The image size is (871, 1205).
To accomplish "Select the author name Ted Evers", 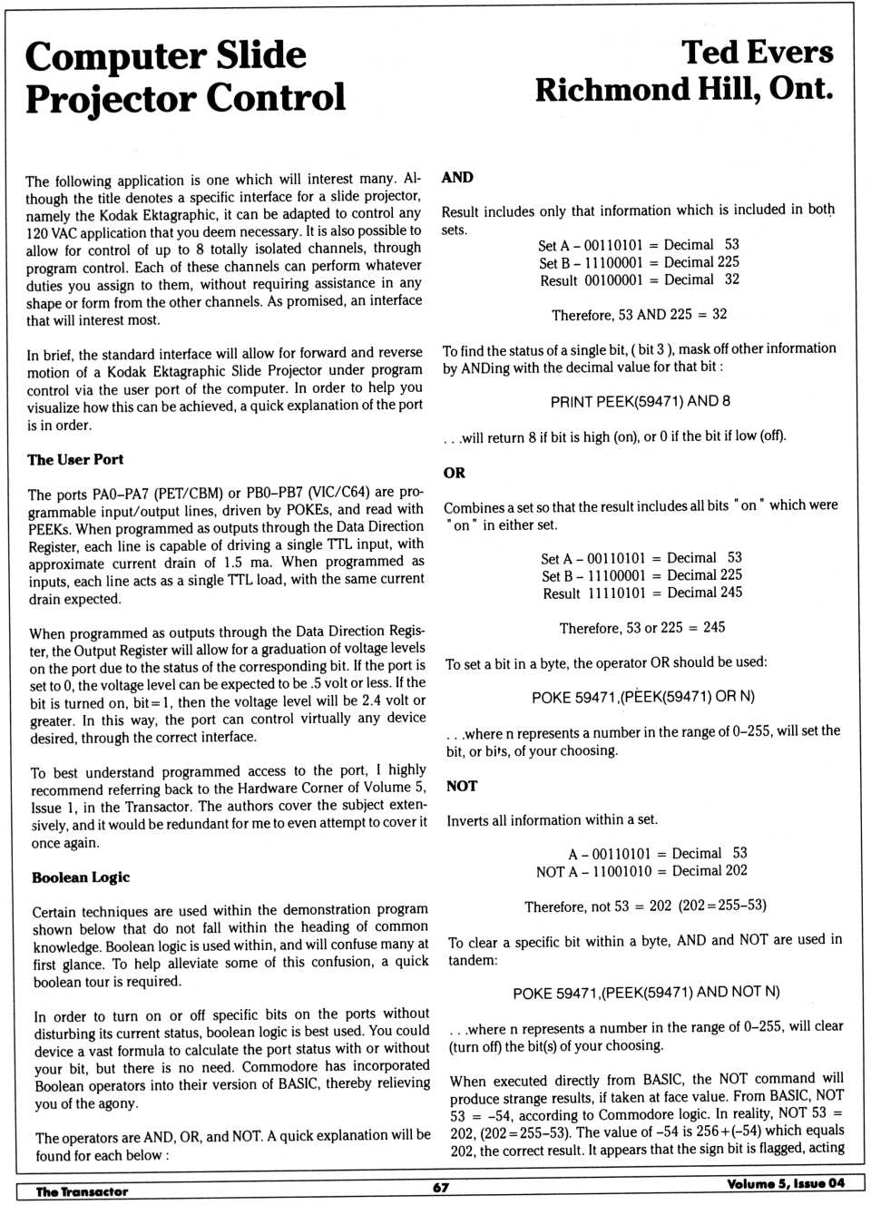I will click(x=757, y=53).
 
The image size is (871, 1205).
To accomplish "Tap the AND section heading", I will click(x=457, y=178).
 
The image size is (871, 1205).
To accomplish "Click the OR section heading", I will click(x=455, y=473).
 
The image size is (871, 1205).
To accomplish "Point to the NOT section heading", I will click(x=462, y=786).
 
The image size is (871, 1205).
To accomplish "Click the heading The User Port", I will click(x=75, y=460).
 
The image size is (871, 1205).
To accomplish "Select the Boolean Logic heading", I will click(x=81, y=877).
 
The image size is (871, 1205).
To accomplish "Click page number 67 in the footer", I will click(x=441, y=1187).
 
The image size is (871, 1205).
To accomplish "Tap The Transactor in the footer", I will click(x=82, y=1191).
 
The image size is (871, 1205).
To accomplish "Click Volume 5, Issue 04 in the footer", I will click(x=785, y=1183).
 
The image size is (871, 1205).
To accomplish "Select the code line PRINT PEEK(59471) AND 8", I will click(x=640, y=402).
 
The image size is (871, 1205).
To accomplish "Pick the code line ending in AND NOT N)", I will click(x=646, y=993).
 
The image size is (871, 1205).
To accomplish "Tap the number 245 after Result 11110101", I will click(x=730, y=593).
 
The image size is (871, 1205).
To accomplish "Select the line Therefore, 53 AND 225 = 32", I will click(x=639, y=315).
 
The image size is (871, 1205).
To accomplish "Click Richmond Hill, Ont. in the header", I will click(x=683, y=90).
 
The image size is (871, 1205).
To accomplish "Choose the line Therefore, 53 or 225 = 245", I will click(x=641, y=628).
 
